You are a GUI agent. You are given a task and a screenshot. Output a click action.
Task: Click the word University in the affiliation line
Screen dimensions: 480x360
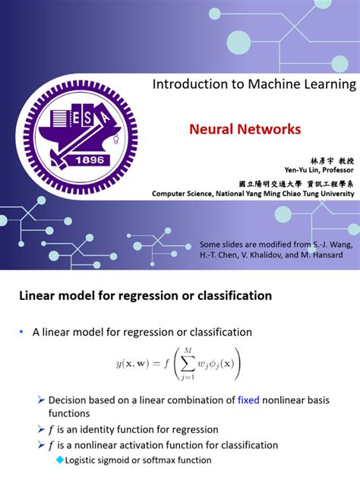coord(334,193)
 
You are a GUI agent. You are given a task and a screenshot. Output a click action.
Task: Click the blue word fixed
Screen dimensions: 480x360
coord(248,399)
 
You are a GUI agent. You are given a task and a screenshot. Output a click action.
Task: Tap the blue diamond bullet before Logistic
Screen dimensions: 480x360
coord(60,459)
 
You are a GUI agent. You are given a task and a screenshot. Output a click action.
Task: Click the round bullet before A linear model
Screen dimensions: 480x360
coord(23,332)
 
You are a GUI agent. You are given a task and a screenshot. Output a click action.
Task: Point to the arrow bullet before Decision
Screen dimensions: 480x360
coord(41,399)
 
